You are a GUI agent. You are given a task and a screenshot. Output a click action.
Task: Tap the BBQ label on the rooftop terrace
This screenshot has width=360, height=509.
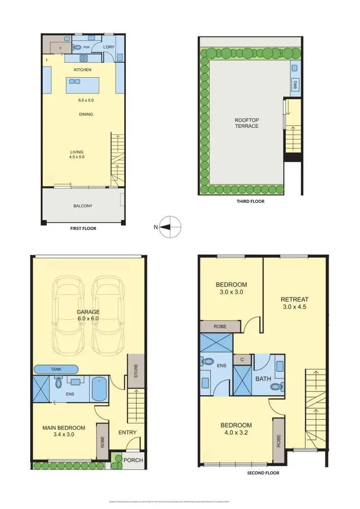pyautogui.click(x=295, y=84)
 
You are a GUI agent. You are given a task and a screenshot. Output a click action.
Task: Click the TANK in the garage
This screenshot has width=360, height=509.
pyautogui.click(x=56, y=369)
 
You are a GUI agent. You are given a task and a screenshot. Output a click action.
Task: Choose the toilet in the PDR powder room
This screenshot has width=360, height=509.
pyautogui.click(x=77, y=47)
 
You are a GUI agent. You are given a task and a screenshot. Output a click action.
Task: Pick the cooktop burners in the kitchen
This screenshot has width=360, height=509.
pyautogui.click(x=83, y=59)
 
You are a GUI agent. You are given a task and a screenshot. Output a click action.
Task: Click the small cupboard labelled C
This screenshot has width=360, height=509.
pyautogui.click(x=242, y=359)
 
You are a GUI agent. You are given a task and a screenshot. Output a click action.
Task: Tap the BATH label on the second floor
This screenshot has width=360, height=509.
pyautogui.click(x=263, y=379)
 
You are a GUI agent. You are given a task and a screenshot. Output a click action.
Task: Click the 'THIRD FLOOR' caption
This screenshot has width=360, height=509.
pyautogui.click(x=250, y=201)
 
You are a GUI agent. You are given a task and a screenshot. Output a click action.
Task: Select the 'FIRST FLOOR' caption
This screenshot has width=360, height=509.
pyautogui.click(x=83, y=228)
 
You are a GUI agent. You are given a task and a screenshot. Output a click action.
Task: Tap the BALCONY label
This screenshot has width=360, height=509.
pyautogui.click(x=83, y=206)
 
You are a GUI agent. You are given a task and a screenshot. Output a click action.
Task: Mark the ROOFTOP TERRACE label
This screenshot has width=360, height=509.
pyautogui.click(x=247, y=123)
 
